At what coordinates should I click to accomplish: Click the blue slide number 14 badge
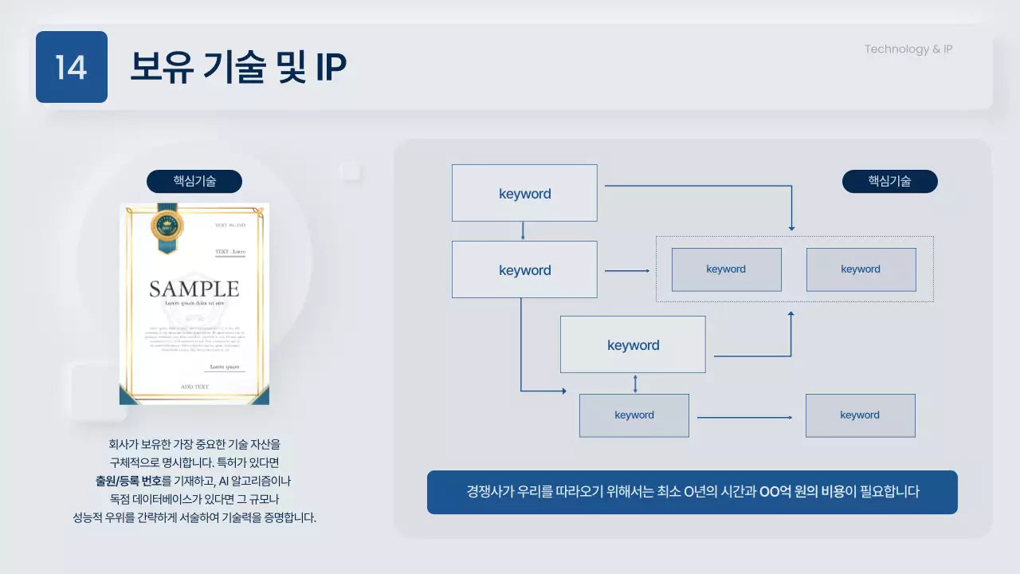71,67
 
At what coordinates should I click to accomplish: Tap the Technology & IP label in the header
908,49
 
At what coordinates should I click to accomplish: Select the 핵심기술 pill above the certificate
194,181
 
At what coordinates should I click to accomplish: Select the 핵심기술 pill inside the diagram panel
889,181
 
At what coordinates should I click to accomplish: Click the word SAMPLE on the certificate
194,289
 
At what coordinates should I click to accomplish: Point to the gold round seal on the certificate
167,226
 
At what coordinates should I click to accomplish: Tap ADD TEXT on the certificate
194,387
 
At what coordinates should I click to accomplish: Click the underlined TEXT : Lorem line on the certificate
230,252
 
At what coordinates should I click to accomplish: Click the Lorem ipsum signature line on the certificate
224,368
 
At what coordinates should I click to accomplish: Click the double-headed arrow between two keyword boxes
635,383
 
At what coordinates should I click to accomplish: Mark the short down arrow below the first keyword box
523,231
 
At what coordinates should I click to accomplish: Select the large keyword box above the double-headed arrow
633,344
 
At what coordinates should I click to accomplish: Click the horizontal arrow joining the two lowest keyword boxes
745,417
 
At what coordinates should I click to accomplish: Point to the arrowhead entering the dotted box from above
791,228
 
